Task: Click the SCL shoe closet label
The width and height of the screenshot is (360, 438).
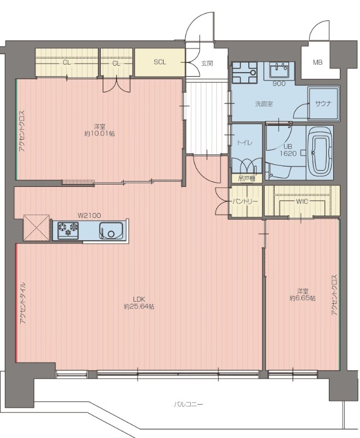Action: point(160,62)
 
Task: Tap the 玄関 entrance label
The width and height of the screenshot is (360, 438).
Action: point(207,64)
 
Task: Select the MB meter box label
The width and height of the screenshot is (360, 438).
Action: point(317,62)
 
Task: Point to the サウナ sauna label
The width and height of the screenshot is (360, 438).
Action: point(323,103)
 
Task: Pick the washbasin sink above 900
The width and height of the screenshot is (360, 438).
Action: point(279,70)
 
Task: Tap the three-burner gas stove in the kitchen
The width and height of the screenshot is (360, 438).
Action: point(68,230)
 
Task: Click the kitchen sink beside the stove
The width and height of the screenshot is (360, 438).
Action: point(111,230)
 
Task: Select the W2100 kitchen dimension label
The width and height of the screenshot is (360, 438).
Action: point(89,215)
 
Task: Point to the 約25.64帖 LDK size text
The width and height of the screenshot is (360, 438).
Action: point(140,307)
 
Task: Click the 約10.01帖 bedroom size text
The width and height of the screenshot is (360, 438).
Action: point(100,134)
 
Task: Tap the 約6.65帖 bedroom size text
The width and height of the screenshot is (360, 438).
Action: point(303,298)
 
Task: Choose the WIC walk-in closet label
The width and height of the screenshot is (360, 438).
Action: point(302,201)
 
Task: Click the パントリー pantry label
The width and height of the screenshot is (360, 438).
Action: point(245,201)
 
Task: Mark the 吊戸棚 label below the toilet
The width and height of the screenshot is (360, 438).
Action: point(247,179)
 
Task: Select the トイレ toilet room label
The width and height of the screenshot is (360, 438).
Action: point(245,143)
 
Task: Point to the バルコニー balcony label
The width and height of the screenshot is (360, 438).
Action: point(188,404)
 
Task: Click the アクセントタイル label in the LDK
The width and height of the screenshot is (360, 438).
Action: point(23,302)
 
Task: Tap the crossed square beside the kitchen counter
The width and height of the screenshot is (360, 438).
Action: point(37,228)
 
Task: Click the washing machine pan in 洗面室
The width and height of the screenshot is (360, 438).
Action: point(245,73)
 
